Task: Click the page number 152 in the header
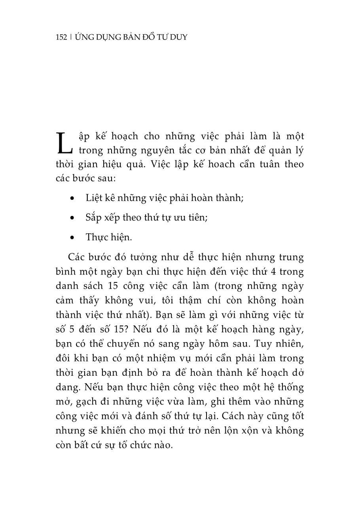tap(62, 38)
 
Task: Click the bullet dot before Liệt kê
tap(72, 198)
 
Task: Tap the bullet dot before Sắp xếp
tap(72, 218)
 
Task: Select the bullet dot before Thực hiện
tap(72, 238)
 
